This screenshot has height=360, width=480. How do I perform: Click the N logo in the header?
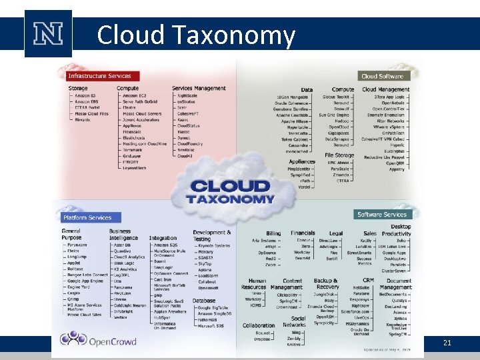47,33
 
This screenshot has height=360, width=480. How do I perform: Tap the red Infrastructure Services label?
99,76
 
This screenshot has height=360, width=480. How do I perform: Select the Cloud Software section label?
383,76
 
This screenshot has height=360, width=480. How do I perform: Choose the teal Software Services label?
382,214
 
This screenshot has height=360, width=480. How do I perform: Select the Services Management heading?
199,88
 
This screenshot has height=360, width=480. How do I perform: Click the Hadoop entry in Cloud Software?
341,121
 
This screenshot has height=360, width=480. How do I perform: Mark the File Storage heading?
339,155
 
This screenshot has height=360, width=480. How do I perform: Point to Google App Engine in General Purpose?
85,280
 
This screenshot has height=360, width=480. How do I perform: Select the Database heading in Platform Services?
204,300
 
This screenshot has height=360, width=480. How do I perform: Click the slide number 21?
447,343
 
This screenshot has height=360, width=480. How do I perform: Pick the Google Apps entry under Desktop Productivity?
394,253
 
